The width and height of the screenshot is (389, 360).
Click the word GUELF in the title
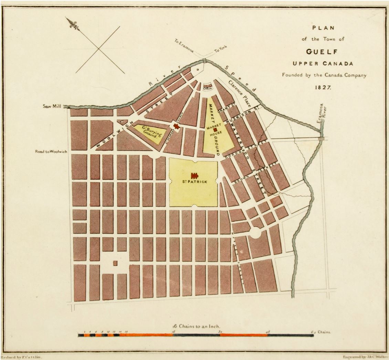323,52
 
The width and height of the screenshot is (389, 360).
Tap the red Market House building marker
214,130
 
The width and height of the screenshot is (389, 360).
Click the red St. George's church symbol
177,127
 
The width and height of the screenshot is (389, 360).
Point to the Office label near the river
207,88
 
